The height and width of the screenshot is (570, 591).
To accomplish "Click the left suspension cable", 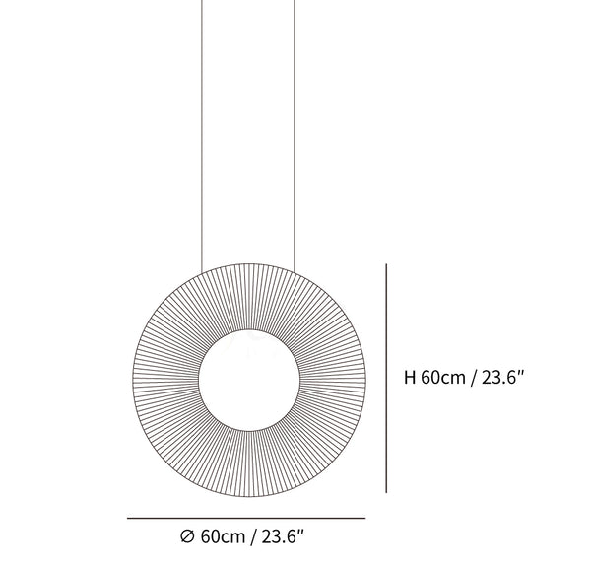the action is [x=202, y=136].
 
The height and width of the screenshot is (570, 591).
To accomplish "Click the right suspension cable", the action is [x=294, y=135].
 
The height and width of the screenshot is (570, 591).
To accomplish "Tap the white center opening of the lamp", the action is [x=249, y=381].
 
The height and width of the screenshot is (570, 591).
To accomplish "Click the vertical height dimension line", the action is [x=386, y=379].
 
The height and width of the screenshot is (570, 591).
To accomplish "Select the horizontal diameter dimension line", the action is [x=246, y=519].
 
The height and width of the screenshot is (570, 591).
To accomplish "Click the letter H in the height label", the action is [x=410, y=378].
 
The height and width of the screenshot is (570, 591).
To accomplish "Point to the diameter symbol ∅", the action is [x=187, y=536].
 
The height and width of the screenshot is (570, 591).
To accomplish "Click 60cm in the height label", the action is [x=443, y=378].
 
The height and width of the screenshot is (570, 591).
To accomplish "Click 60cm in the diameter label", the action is [x=223, y=536].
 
